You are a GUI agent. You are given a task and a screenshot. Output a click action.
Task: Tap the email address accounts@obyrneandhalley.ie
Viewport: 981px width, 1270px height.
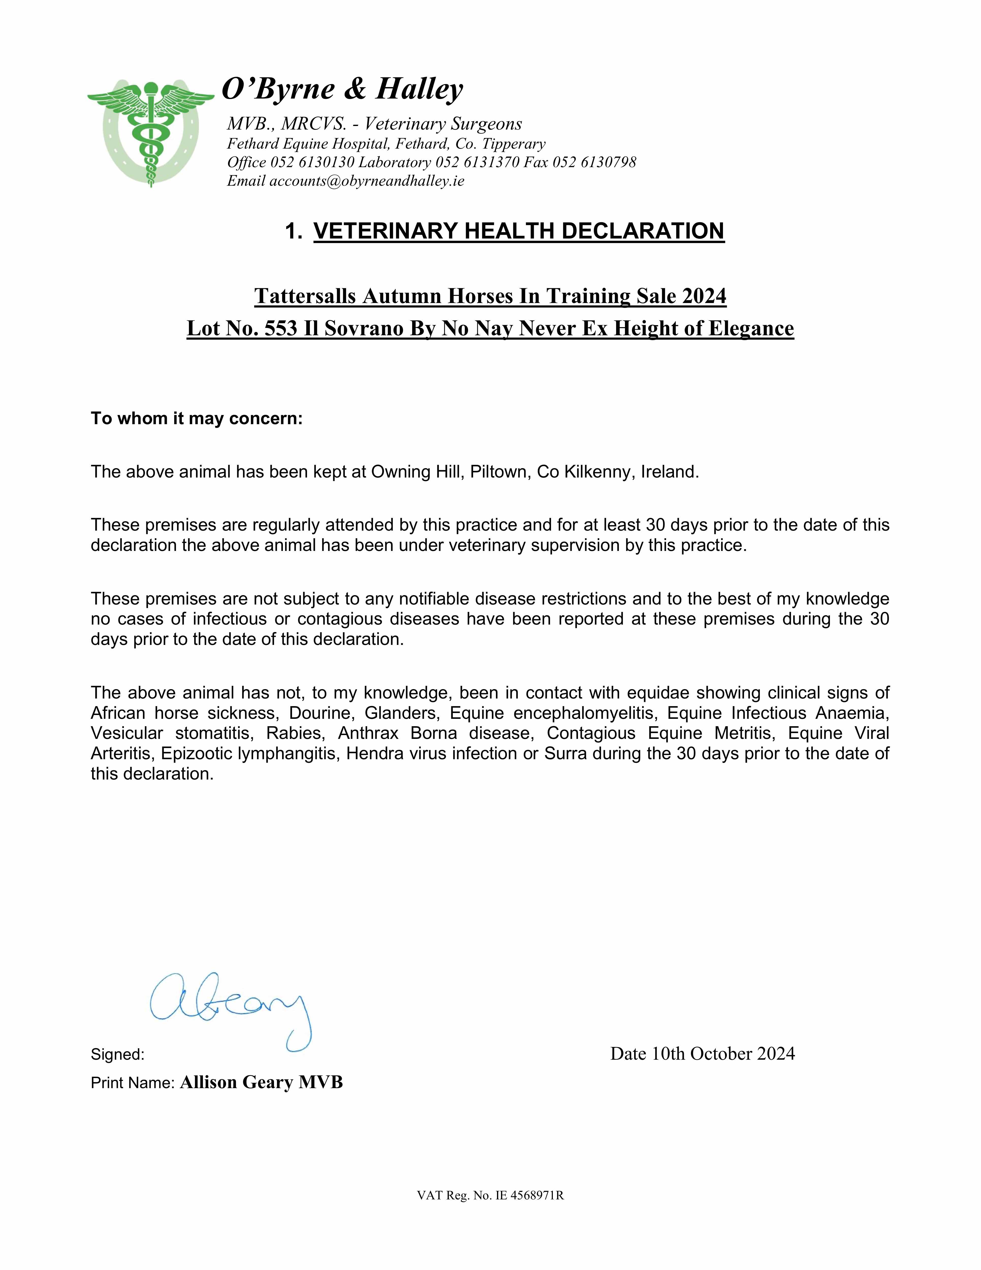366,181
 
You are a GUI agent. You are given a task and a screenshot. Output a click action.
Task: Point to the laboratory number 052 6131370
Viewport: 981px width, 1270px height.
477,162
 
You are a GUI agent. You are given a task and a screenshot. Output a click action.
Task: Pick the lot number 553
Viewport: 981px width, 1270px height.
281,328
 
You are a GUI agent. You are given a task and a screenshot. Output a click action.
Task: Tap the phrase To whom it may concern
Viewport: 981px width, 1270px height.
197,419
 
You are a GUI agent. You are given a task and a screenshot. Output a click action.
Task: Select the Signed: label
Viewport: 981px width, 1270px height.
118,1054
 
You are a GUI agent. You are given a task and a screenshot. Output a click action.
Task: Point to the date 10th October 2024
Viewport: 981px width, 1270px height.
723,1054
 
